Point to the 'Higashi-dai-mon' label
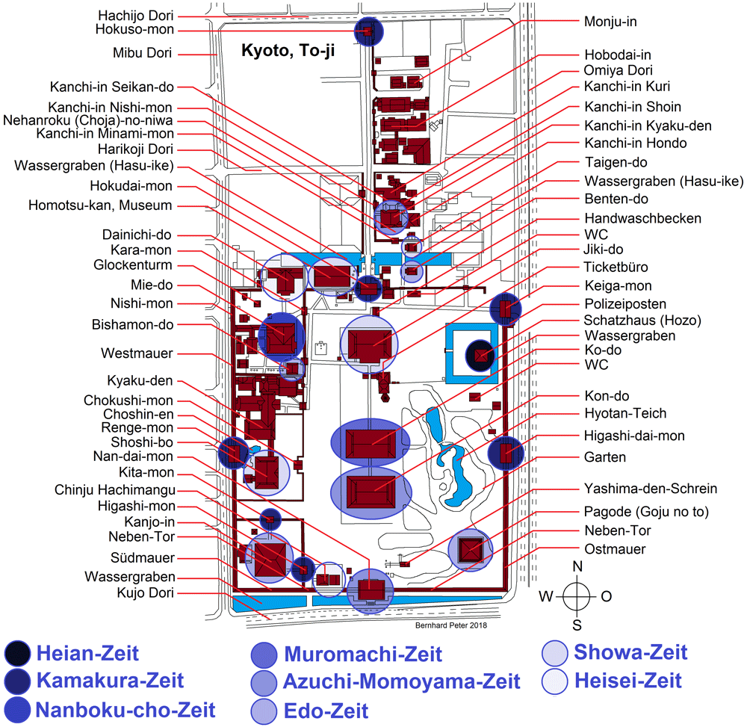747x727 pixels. tap(633, 436)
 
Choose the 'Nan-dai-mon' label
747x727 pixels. tap(134, 456)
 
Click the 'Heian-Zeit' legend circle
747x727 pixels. tap(18, 654)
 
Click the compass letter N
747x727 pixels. tap(577, 566)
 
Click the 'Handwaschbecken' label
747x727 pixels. tap(642, 218)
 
